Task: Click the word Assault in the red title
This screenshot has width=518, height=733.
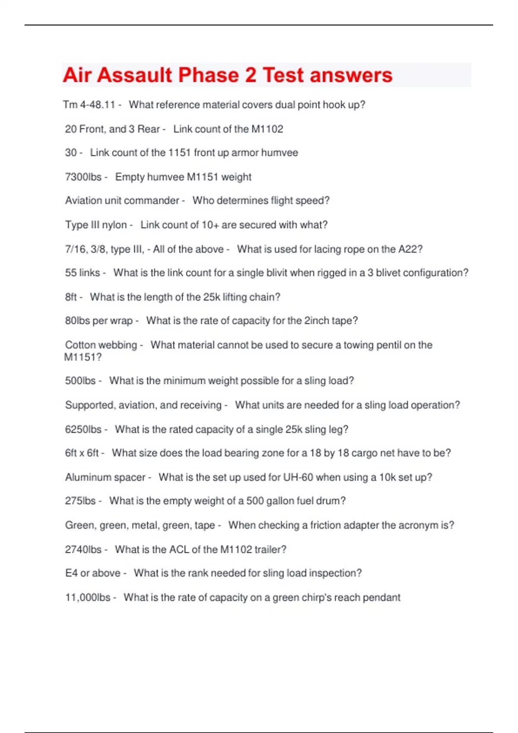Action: click(134, 75)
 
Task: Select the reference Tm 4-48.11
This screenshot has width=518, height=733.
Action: click(89, 105)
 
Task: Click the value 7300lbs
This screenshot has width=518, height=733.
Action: click(83, 177)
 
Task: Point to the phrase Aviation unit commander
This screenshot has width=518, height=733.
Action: click(122, 200)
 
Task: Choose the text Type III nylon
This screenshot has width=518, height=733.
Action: click(96, 225)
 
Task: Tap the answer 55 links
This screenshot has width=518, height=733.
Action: click(82, 273)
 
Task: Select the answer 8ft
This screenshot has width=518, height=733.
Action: click(71, 297)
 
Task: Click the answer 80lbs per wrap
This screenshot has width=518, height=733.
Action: click(98, 321)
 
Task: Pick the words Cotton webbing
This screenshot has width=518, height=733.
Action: click(101, 345)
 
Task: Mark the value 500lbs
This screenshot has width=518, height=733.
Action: click(80, 381)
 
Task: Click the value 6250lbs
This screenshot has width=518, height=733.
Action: click(83, 429)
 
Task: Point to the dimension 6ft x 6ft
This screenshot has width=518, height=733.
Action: click(82, 453)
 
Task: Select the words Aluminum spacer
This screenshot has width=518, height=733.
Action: click(105, 477)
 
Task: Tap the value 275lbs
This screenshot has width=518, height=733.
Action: click(80, 501)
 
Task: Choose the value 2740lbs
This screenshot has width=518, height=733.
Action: click(83, 549)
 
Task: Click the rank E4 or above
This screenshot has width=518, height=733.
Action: click(92, 573)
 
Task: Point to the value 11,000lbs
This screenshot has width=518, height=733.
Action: click(88, 598)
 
